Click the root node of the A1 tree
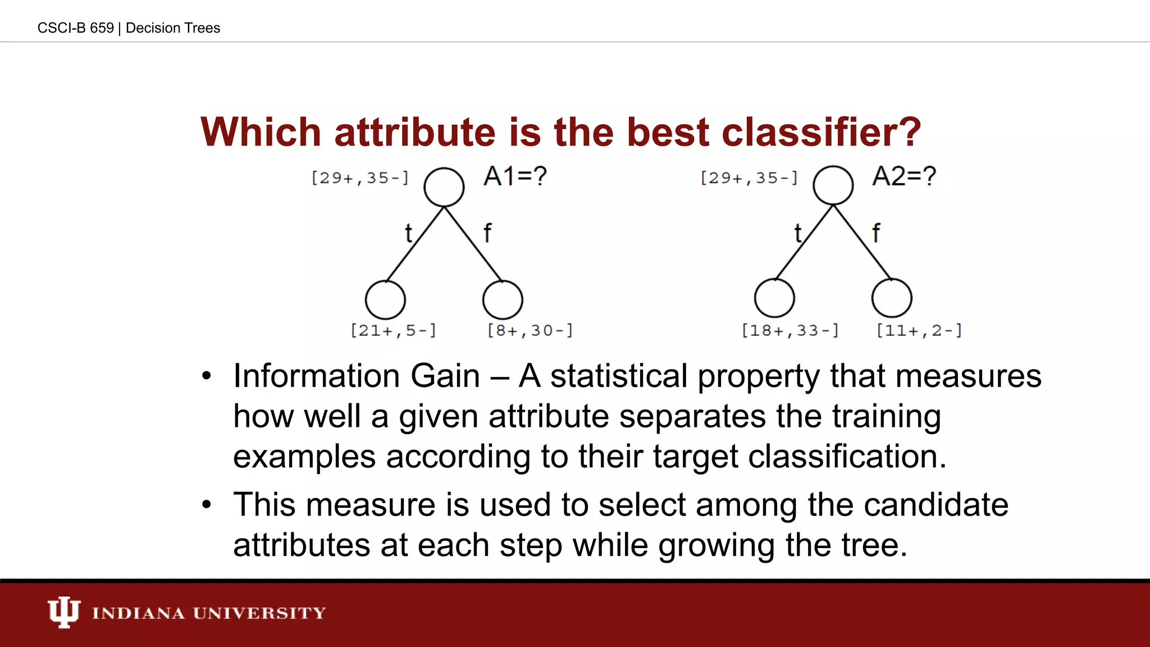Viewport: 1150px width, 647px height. coord(444,187)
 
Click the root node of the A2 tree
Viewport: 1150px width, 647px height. coord(833,185)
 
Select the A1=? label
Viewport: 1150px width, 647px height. coord(515,176)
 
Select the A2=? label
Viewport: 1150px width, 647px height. coord(904,176)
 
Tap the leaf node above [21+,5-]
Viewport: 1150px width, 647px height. coord(385,300)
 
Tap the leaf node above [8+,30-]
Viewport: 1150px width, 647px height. coord(503,300)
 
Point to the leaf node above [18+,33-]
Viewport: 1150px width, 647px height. coord(774,298)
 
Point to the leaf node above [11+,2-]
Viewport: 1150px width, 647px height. coord(892,298)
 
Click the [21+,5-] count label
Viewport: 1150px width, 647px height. coord(393,330)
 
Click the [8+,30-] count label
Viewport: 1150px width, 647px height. coord(530,330)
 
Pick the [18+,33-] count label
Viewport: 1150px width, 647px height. coord(790,330)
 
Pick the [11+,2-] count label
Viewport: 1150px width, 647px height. coord(919,330)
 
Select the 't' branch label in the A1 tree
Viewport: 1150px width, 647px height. coord(408,233)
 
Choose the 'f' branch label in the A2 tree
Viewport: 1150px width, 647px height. coord(876,233)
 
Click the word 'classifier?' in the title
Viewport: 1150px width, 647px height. coord(821,133)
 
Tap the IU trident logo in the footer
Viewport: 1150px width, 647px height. coord(63,612)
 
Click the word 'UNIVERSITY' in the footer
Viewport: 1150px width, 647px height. coord(259,613)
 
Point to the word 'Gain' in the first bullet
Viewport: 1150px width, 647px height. coord(445,376)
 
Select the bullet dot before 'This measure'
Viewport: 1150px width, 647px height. coord(207,504)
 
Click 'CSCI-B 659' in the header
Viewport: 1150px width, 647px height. coord(75,28)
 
